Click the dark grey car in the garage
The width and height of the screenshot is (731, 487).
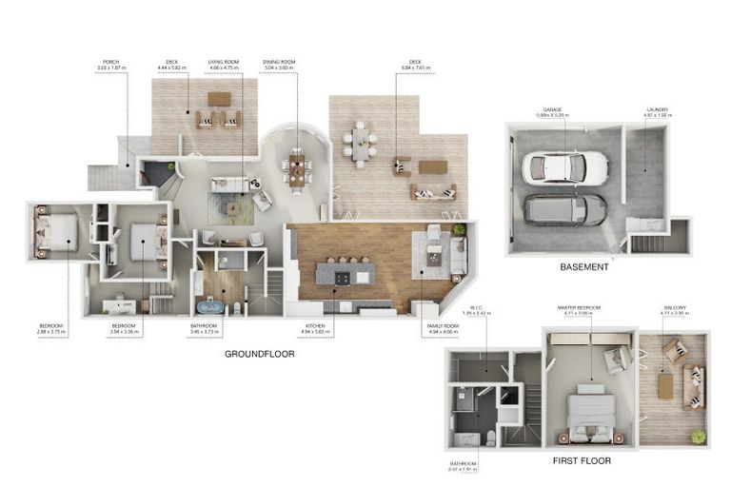pyautogui.click(x=564, y=208)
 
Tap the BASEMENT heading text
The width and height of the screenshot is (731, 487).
pyautogui.click(x=583, y=267)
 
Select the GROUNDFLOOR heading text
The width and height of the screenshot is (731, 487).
pyautogui.click(x=259, y=354)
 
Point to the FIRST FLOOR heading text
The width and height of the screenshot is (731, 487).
pyautogui.click(x=582, y=460)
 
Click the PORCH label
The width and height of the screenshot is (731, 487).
pyautogui.click(x=110, y=63)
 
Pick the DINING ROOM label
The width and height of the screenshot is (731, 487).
pyautogui.click(x=279, y=63)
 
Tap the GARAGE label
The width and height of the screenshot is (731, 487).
pyautogui.click(x=553, y=110)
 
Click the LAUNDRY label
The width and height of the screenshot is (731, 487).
pyautogui.click(x=658, y=110)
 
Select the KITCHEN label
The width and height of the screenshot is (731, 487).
pyautogui.click(x=315, y=325)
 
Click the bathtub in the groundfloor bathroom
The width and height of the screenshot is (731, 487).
pyautogui.click(x=208, y=306)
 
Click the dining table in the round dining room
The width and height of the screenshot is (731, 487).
pyautogui.click(x=296, y=169)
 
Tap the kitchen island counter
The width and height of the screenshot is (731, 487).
pyautogui.click(x=346, y=275)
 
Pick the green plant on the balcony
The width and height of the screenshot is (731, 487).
pyautogui.click(x=699, y=436)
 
